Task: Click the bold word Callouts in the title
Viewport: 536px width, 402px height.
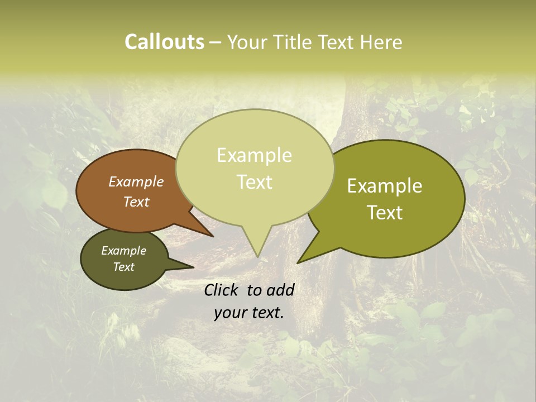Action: coord(164,42)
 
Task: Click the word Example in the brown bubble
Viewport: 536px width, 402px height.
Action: coord(136,181)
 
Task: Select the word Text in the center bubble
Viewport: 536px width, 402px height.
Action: coord(255,182)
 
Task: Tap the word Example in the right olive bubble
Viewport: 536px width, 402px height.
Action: coord(385,186)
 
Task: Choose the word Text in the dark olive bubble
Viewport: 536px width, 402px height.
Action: coord(124,267)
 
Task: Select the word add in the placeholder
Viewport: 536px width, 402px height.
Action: coord(280,290)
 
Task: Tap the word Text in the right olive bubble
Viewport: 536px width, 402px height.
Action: coord(385,213)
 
